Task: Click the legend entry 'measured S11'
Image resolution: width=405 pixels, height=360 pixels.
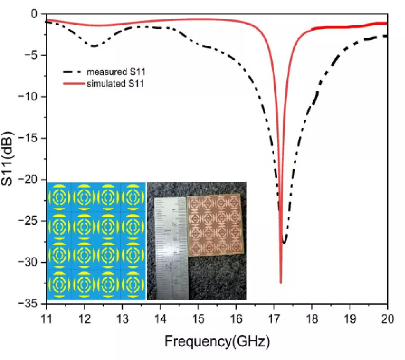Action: (x=110, y=72)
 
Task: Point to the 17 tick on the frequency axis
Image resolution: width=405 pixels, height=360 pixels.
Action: (x=274, y=319)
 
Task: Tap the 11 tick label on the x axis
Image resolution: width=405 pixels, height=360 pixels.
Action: (x=46, y=319)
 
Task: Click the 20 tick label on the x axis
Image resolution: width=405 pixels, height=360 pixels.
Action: (x=387, y=319)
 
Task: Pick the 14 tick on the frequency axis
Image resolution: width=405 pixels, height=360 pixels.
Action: (x=160, y=319)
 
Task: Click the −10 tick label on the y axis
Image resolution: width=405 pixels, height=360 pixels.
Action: (x=31, y=97)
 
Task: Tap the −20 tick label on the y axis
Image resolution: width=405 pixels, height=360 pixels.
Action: (x=31, y=180)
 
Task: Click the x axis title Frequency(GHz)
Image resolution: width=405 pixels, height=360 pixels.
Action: (x=217, y=342)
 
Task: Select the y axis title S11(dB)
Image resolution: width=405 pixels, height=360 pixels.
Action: (x=12, y=158)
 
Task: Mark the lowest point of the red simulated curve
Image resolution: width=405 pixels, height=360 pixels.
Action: (x=281, y=283)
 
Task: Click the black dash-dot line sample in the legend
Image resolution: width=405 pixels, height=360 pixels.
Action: (x=73, y=72)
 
